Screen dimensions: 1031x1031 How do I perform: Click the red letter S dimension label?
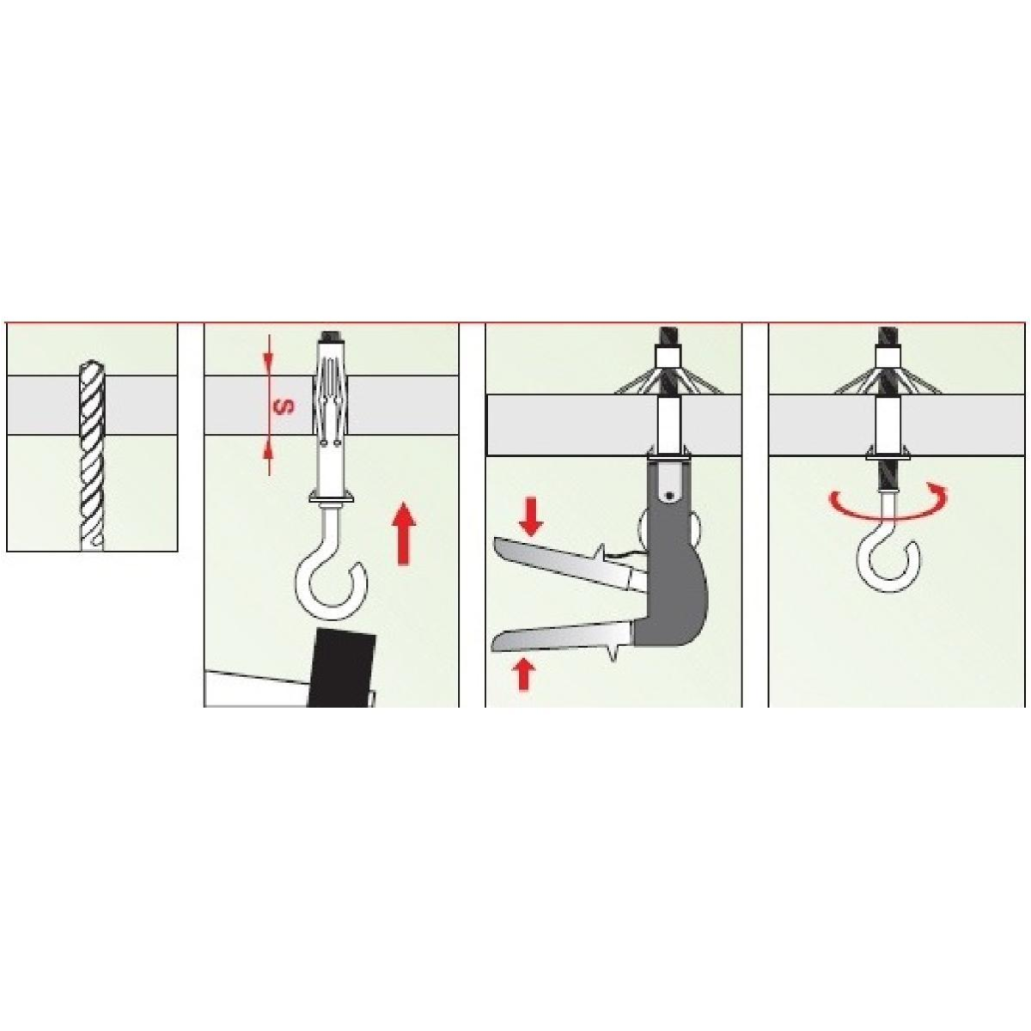(287, 408)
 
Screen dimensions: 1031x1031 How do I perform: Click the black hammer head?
(343, 668)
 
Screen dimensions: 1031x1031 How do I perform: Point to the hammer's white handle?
(256, 688)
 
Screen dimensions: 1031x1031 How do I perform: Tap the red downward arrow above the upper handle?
(530, 516)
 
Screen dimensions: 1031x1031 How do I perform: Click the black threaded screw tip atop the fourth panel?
(888, 337)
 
